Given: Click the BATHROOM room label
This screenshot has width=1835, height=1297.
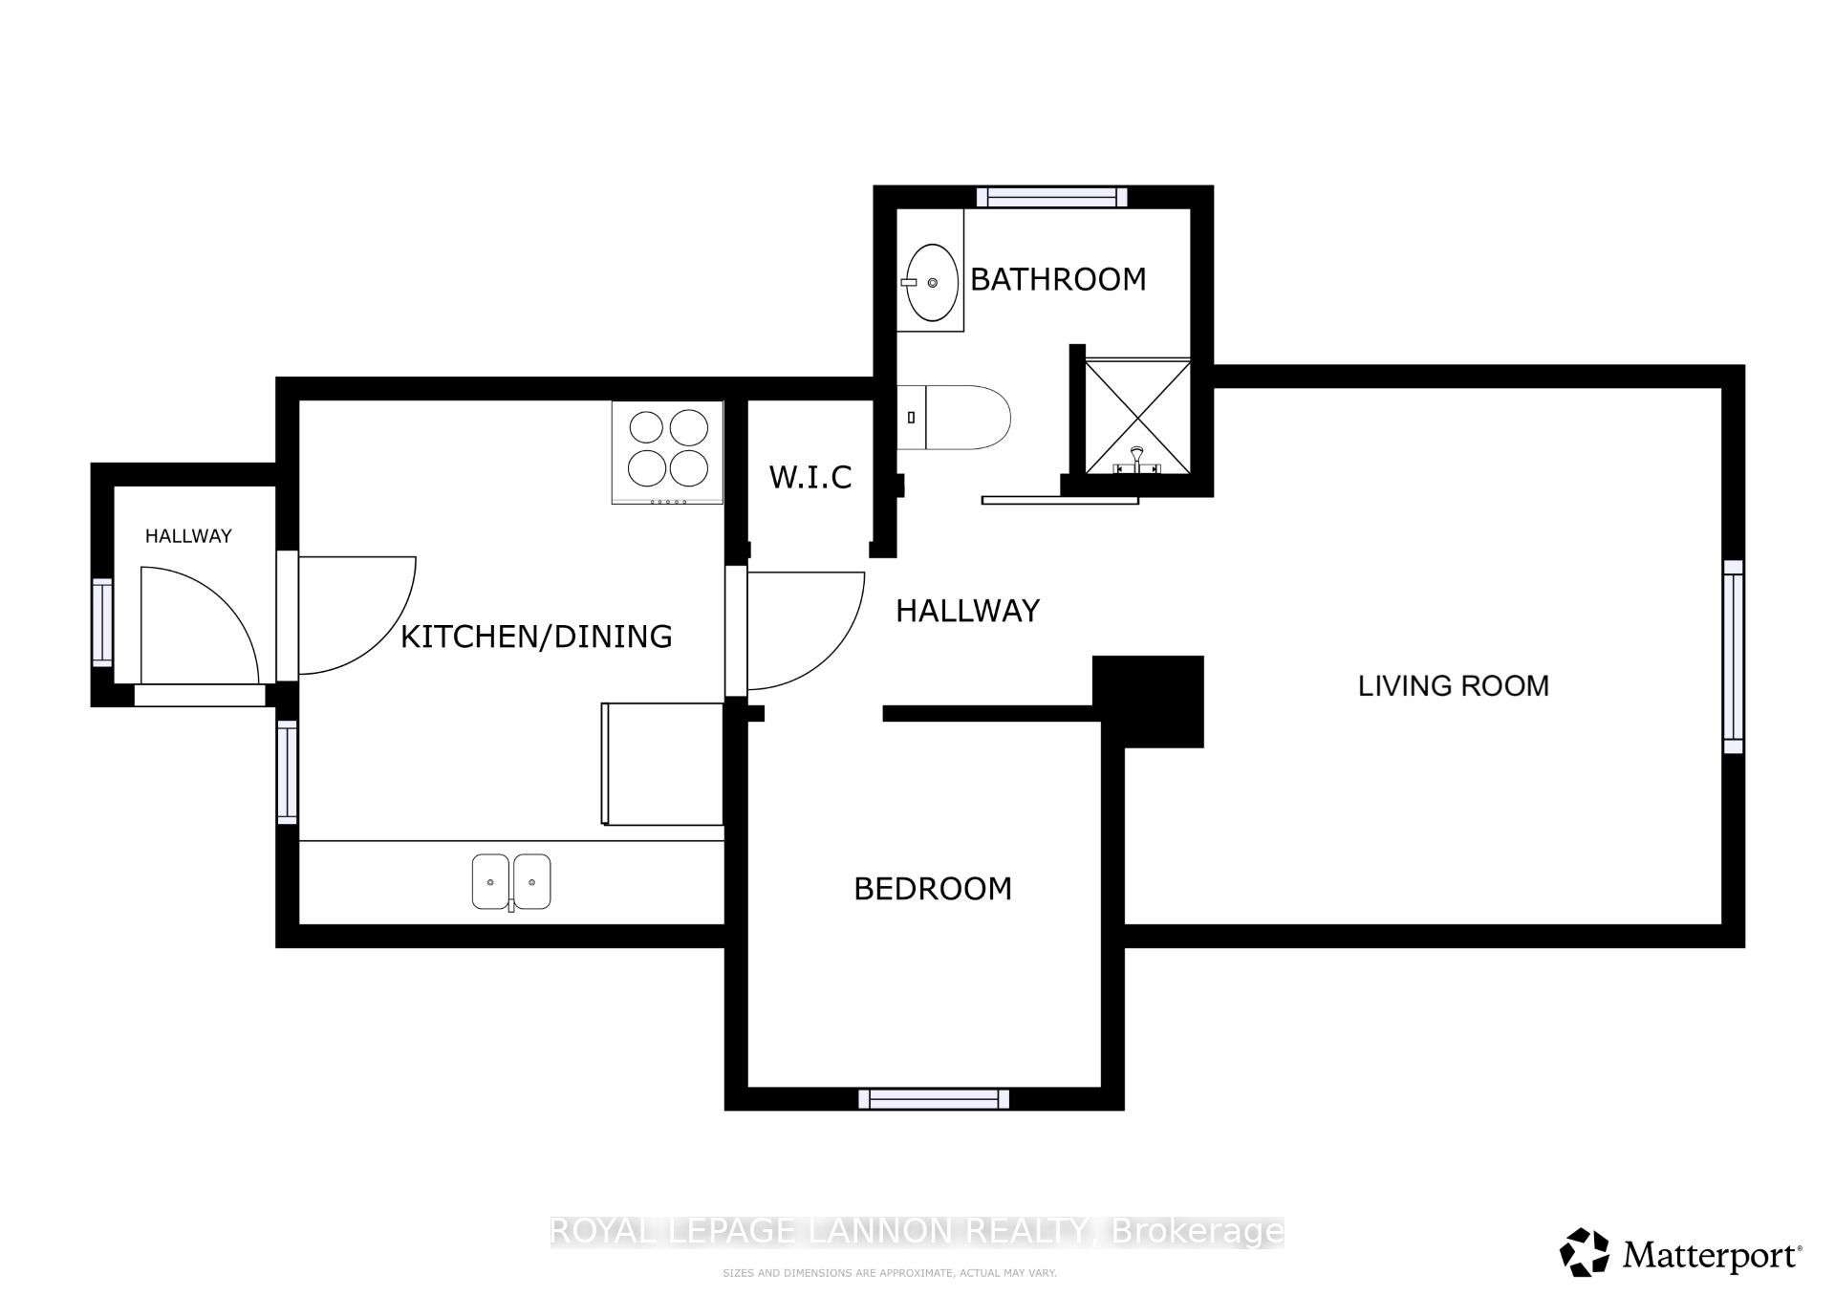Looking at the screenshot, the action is coord(1058,279).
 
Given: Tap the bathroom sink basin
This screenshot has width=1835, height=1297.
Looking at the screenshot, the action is coord(932,283).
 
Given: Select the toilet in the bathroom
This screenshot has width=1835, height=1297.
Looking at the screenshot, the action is coord(954,418).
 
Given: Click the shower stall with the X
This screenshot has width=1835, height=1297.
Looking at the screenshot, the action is coord(1137,417).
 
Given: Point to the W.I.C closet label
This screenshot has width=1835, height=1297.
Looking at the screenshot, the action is coord(810,477).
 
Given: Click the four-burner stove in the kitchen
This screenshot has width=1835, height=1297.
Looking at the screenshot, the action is coord(668,452).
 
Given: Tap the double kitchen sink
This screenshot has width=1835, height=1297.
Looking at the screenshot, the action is coord(511,881).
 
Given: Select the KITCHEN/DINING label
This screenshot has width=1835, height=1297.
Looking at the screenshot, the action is coord(536,637).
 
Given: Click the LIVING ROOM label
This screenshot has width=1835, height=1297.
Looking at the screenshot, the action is coord(1454,685).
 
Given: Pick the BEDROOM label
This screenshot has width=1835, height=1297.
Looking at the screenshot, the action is coord(933,889).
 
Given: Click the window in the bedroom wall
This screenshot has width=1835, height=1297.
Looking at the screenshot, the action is coord(934,1099).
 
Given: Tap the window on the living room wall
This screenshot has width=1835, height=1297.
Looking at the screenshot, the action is coord(1734,657).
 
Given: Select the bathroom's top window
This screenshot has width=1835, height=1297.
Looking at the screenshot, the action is coord(1051,197).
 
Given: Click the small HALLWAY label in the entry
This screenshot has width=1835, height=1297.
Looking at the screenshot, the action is coord(188,536).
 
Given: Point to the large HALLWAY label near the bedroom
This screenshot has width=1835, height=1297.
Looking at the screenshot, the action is coord(967,611).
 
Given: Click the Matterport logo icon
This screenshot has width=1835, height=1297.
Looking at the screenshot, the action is coord(1585,1252).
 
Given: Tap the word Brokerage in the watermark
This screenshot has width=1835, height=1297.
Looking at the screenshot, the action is coord(1198,1231).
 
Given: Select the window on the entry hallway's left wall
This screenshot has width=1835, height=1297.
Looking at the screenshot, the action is coord(102,622).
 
